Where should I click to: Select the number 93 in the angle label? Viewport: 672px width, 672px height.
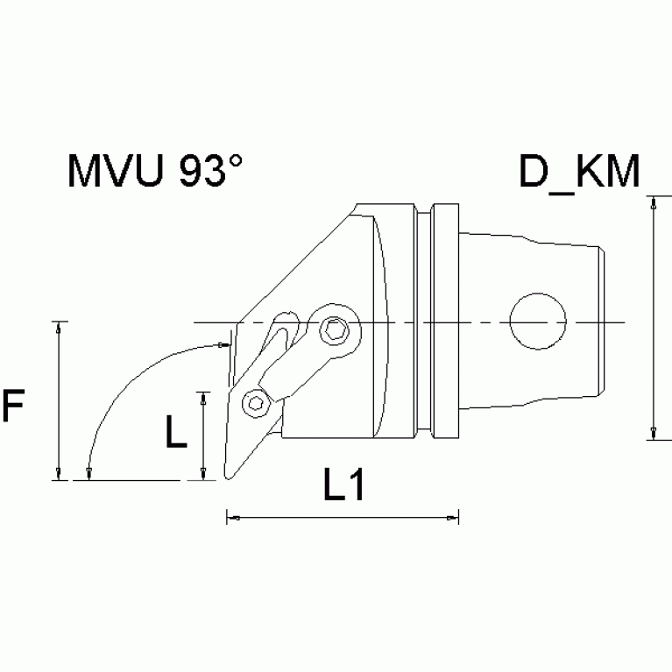pos(201,173)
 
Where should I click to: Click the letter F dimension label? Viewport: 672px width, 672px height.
pos(13,407)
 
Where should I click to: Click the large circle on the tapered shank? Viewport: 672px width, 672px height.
pos(537,322)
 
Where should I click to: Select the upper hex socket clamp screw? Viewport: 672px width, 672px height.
pos(333,329)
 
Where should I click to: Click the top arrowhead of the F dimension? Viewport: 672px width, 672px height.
pos(58,326)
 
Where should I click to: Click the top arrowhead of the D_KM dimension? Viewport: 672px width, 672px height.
pos(653,202)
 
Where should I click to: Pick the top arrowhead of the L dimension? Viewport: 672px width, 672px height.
pos(203,396)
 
